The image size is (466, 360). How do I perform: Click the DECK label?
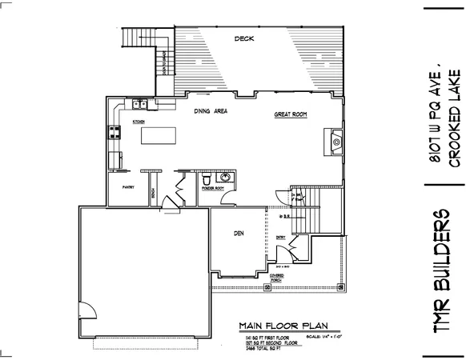pyautogui.click(x=243, y=38)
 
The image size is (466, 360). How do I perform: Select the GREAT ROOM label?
pyautogui.click(x=291, y=114)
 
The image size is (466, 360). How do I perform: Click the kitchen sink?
pyautogui.click(x=139, y=103)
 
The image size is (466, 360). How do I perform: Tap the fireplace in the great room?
pyautogui.click(x=335, y=142)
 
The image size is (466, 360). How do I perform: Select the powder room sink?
pyautogui.click(x=226, y=178)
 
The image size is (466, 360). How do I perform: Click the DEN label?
pyautogui.click(x=238, y=234)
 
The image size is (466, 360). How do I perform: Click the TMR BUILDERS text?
pyautogui.click(x=444, y=272)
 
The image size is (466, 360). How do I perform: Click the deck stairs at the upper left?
pyautogui.click(x=136, y=38)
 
